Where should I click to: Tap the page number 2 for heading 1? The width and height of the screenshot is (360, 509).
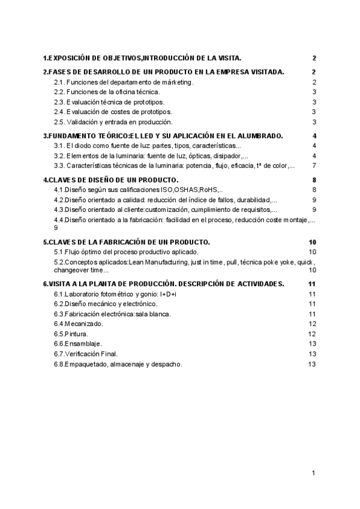(314, 58)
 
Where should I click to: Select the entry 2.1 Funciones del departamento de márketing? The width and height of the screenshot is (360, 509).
(124, 82)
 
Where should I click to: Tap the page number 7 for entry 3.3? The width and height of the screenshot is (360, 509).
(314, 166)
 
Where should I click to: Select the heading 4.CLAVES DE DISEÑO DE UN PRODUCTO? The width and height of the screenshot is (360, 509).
(110, 179)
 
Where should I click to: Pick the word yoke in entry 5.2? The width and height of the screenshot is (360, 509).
(283, 263)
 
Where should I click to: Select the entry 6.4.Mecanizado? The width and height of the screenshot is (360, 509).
(78, 324)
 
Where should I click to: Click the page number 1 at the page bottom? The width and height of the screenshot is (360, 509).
(314, 474)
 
